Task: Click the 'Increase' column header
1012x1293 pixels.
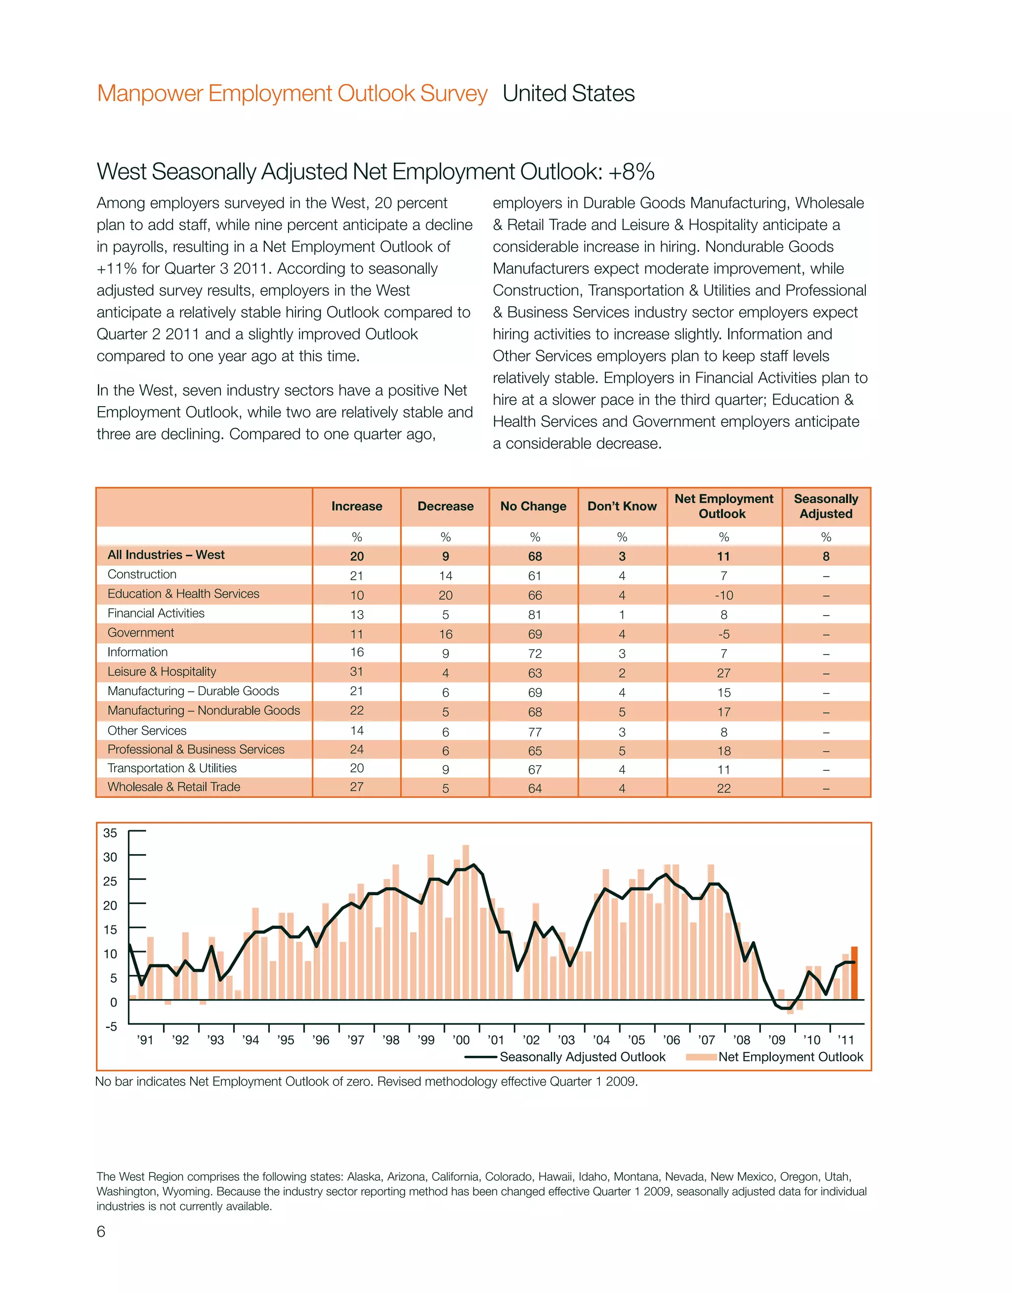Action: [x=357, y=506]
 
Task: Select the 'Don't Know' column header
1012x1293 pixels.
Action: [x=622, y=506]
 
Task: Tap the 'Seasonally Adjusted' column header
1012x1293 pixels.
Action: [x=826, y=506]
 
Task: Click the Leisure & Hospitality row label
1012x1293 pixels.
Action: [x=162, y=671]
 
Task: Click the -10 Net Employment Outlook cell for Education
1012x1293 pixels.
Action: [x=723, y=595]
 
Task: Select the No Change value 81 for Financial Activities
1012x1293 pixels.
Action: [x=535, y=615]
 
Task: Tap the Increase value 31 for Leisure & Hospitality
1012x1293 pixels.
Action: [x=357, y=671]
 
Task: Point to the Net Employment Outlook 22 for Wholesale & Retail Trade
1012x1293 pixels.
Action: [x=723, y=789]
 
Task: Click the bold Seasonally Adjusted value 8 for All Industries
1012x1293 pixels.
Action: [x=826, y=556]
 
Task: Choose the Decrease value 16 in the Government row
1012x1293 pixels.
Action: [x=446, y=634]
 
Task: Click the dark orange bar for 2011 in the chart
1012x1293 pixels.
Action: [x=854, y=974]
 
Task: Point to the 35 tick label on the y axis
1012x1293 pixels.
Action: [x=110, y=833]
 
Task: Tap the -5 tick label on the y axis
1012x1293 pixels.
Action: [x=111, y=1027]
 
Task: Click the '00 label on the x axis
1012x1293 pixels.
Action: [x=461, y=1040]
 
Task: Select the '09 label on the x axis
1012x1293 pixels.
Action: [x=776, y=1040]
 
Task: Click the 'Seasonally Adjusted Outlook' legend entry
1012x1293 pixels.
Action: [x=583, y=1057]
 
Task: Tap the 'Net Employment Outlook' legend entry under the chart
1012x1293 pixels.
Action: [x=791, y=1057]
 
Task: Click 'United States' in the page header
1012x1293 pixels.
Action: [x=568, y=93]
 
